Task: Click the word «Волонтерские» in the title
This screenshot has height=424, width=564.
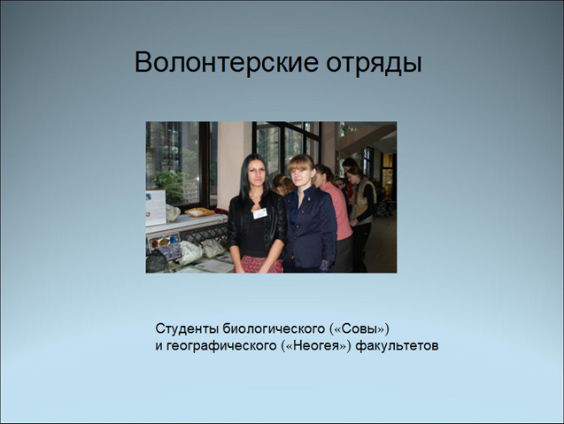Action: point(227,63)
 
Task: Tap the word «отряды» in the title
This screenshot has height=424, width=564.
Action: point(374,64)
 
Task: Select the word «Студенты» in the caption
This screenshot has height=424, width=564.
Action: point(187,328)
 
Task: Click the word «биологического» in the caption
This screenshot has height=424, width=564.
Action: point(274,329)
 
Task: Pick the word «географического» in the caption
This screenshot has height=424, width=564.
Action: point(223,346)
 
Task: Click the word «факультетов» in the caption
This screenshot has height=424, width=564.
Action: point(397,346)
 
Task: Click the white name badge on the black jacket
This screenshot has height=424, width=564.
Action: point(259,213)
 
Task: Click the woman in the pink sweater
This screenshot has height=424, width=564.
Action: point(336,217)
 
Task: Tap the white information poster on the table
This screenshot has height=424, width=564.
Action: point(156,207)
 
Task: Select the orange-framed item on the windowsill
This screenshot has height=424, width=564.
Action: point(199,212)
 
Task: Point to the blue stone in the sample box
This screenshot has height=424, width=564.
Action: point(174,240)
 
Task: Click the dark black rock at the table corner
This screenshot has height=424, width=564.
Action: point(157,261)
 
